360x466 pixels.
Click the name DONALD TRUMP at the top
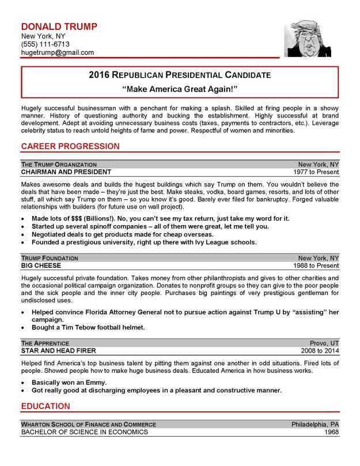point(59,26)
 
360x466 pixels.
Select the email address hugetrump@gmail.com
point(57,53)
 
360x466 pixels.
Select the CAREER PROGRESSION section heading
point(70,146)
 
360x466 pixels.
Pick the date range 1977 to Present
point(316,172)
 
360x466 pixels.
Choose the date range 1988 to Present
point(316,267)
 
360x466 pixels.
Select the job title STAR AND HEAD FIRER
point(58,350)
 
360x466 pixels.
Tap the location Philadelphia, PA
point(314,424)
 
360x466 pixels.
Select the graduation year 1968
point(331,431)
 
